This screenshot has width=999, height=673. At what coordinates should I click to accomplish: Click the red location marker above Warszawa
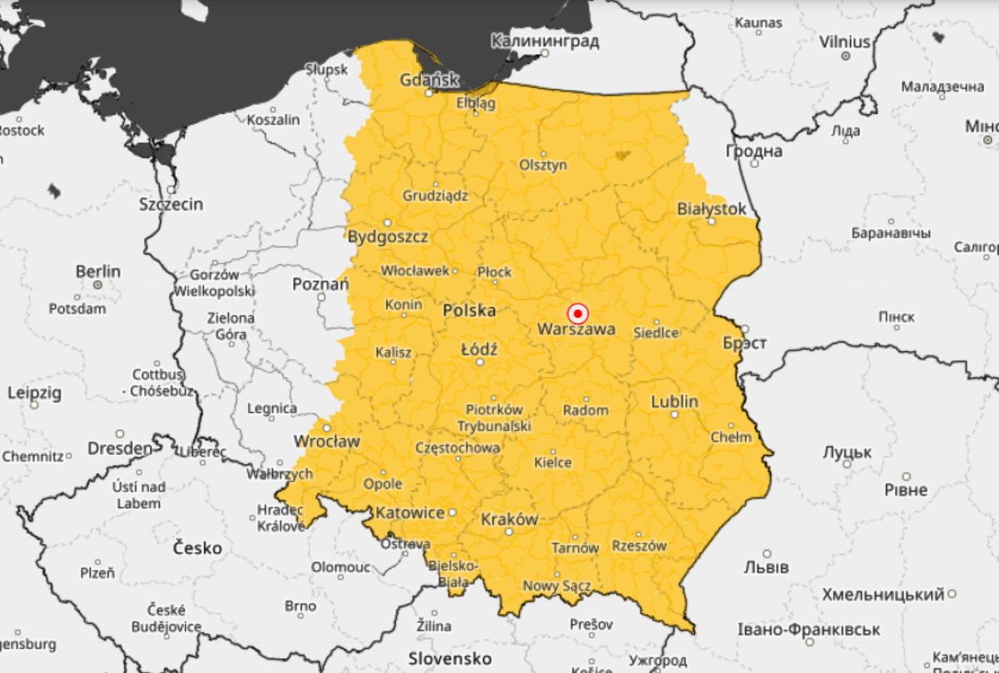(577, 314)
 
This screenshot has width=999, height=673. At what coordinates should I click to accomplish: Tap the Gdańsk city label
(430, 81)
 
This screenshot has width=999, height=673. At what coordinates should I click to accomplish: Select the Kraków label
(509, 519)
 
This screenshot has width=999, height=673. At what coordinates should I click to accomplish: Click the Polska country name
(469, 310)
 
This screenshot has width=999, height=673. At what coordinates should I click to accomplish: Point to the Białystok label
(712, 209)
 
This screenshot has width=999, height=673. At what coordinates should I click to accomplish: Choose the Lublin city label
(674, 402)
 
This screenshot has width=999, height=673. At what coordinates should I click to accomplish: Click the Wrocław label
(327, 441)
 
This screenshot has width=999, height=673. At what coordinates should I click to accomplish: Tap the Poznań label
(321, 285)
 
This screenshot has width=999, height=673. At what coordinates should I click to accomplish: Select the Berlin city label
(98, 271)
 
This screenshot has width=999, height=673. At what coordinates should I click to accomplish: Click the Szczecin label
(171, 205)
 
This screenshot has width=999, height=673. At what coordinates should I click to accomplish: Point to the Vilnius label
(844, 42)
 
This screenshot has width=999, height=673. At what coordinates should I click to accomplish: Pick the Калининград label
(544, 41)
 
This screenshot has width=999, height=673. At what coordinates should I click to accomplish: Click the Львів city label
(765, 567)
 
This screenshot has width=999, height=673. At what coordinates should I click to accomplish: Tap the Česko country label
(197, 548)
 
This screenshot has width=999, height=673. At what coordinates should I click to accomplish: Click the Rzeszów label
(639, 546)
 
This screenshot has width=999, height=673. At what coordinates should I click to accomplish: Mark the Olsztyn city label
(543, 165)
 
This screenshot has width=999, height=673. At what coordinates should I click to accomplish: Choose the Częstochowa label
(458, 448)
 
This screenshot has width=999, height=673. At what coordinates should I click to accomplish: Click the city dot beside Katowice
(453, 512)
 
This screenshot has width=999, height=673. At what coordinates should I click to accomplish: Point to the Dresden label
(120, 448)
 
